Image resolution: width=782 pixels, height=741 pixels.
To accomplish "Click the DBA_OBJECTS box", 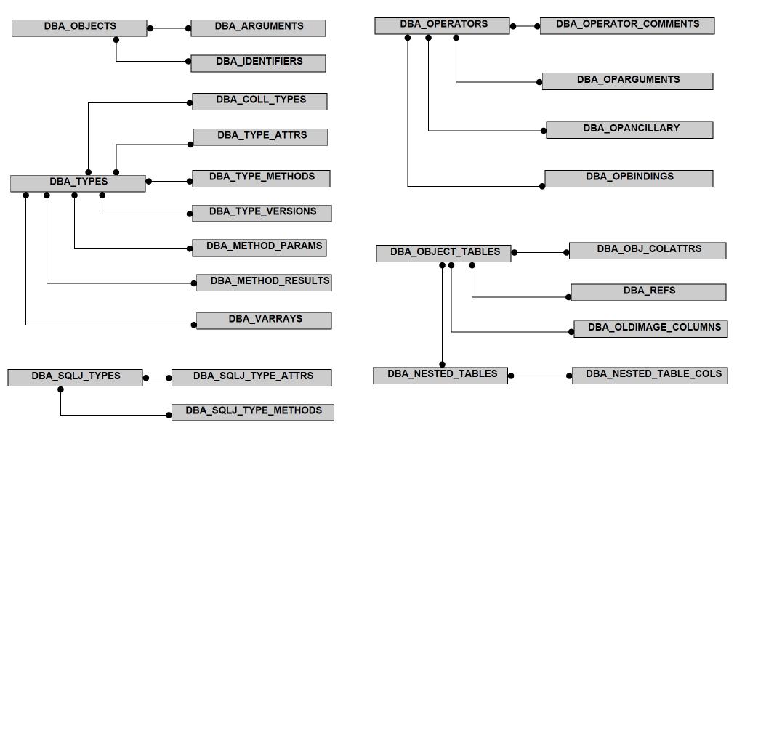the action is pyautogui.click(x=79, y=28).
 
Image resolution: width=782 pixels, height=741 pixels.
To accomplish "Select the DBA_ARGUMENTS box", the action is pyautogui.click(x=258, y=28).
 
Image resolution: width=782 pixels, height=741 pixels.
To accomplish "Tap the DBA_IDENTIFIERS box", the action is pyautogui.click(x=258, y=63).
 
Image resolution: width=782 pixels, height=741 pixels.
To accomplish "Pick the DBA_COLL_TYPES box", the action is pyautogui.click(x=260, y=101).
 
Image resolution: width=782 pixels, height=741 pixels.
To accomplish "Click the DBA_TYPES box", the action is pyautogui.click(x=78, y=184).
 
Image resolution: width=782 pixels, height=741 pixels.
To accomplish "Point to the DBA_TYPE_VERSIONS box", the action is pyautogui.click(x=262, y=213).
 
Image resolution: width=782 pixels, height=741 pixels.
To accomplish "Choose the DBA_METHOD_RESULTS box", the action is pyautogui.click(x=264, y=283).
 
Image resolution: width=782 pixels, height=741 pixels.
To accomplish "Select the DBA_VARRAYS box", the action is pyautogui.click(x=264, y=320).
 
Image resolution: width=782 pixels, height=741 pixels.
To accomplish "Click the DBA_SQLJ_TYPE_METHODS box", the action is pyautogui.click(x=253, y=413).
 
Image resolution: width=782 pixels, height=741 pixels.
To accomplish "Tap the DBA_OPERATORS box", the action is pyautogui.click(x=443, y=26).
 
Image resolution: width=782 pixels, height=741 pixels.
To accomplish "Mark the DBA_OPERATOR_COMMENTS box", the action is pyautogui.click(x=627, y=26).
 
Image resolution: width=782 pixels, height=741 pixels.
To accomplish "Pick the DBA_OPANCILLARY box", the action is pyautogui.click(x=630, y=129).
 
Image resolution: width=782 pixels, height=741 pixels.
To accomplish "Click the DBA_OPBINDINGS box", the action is pyautogui.click(x=629, y=179).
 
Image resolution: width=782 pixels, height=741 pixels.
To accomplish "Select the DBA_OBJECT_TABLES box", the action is pyautogui.click(x=444, y=254).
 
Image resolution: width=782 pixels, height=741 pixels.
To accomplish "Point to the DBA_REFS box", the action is pyautogui.click(x=649, y=292).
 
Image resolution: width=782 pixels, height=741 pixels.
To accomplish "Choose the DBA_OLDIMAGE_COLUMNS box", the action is pyautogui.click(x=651, y=329).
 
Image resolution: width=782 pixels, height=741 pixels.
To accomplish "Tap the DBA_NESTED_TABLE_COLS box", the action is pyautogui.click(x=650, y=376).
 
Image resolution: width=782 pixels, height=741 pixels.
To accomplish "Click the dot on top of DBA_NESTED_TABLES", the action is pyautogui.click(x=443, y=365).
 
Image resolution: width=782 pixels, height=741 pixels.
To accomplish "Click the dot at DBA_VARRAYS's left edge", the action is pyautogui.click(x=194, y=325).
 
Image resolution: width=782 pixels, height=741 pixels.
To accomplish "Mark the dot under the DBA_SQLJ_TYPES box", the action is pyautogui.click(x=61, y=389).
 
